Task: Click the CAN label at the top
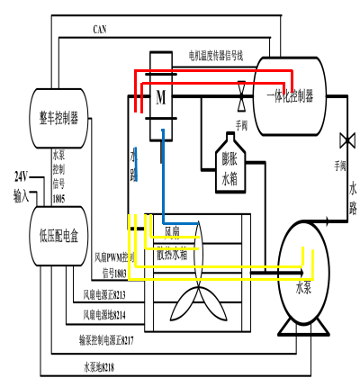[x=101, y=29]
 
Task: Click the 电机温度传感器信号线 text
[x=229, y=55]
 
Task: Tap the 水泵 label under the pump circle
[x=304, y=289]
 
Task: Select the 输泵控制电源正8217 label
[x=106, y=340]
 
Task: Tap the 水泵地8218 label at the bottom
[x=99, y=366]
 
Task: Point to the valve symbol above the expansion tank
[x=241, y=93]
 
